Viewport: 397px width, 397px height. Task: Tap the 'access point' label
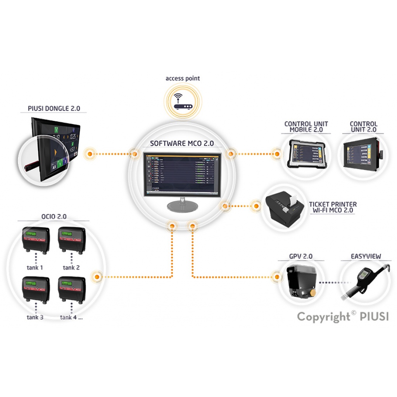(x=183, y=78)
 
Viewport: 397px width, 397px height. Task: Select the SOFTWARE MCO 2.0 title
(x=182, y=143)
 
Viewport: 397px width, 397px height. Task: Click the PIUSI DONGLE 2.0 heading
(x=54, y=109)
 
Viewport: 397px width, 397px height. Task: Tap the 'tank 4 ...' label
(x=71, y=317)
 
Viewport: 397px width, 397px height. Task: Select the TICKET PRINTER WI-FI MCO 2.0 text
(x=333, y=207)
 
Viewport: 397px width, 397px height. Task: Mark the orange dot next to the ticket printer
(x=256, y=205)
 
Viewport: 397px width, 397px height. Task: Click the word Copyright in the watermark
(x=324, y=317)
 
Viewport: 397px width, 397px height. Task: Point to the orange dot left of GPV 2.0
(x=276, y=277)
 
